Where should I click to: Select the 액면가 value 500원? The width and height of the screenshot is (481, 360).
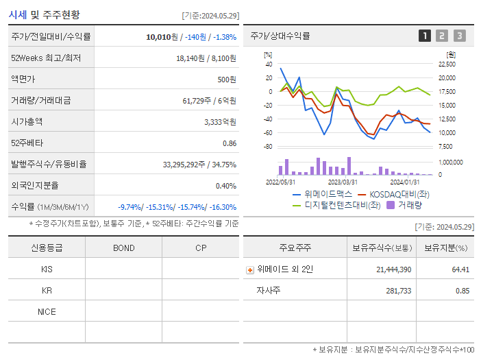(227, 80)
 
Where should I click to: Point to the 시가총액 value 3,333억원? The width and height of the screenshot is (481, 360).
(220, 122)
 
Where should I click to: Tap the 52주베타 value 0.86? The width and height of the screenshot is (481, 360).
(229, 143)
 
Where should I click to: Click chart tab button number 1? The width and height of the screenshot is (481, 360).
(425, 36)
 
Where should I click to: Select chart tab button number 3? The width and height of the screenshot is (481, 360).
(459, 36)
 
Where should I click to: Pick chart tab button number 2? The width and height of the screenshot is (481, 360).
(442, 36)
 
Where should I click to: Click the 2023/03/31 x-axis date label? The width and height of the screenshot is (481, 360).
(343, 182)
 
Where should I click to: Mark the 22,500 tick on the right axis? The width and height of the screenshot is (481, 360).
(446, 64)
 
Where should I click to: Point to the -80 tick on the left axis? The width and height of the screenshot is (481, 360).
(268, 147)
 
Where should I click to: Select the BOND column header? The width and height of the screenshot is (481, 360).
(123, 248)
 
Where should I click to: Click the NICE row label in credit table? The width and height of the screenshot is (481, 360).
(47, 311)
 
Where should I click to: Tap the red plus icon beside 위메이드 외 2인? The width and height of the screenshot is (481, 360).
(249, 269)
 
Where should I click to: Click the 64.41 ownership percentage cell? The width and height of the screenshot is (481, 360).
(460, 269)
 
